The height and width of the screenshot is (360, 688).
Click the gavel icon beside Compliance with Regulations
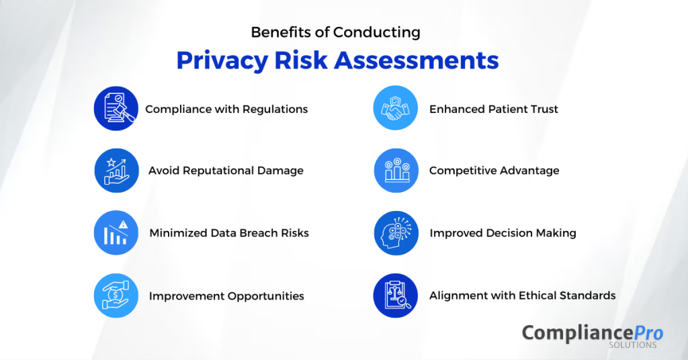click(x=116, y=108)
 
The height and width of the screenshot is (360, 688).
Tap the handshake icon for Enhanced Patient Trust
click(x=395, y=108)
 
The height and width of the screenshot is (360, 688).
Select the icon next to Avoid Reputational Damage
click(x=116, y=171)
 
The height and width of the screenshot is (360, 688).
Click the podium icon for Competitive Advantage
click(x=396, y=171)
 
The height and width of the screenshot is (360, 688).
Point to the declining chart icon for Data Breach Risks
click(x=116, y=232)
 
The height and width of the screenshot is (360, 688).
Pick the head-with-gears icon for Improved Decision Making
click(x=396, y=233)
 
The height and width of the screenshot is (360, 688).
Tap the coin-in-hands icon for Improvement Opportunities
click(x=116, y=296)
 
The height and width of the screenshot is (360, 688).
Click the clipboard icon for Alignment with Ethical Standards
click(x=395, y=296)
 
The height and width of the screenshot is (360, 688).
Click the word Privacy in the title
click(x=222, y=60)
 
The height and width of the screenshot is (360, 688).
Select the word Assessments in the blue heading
click(x=417, y=60)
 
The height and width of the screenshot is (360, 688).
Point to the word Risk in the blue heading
click(x=301, y=60)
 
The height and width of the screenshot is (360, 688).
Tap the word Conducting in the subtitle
click(x=376, y=32)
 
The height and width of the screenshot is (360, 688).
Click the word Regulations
click(x=275, y=109)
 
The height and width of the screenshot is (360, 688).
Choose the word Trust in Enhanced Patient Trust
click(x=544, y=109)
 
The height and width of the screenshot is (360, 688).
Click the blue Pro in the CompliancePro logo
click(x=648, y=333)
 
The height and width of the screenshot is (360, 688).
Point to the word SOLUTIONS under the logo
click(x=633, y=345)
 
